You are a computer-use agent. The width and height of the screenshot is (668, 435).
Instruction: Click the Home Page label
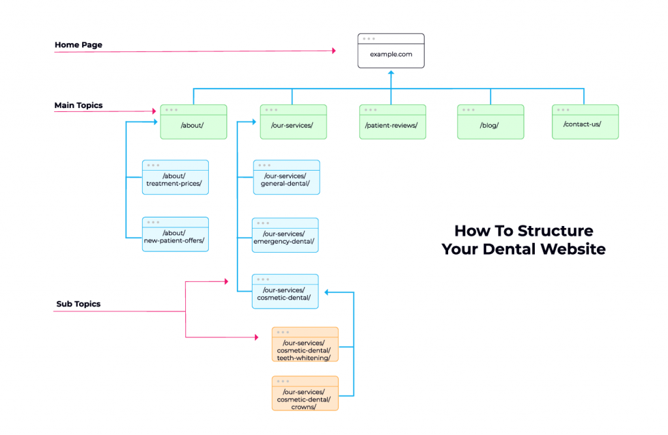pos(78,45)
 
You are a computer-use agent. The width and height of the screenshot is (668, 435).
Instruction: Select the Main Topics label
pos(78,105)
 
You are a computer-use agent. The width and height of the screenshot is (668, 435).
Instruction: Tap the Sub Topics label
pos(78,303)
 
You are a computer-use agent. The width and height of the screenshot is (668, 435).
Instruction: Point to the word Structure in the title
pos(555,231)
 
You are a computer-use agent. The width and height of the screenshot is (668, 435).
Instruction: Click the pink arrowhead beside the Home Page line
pos(333,50)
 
